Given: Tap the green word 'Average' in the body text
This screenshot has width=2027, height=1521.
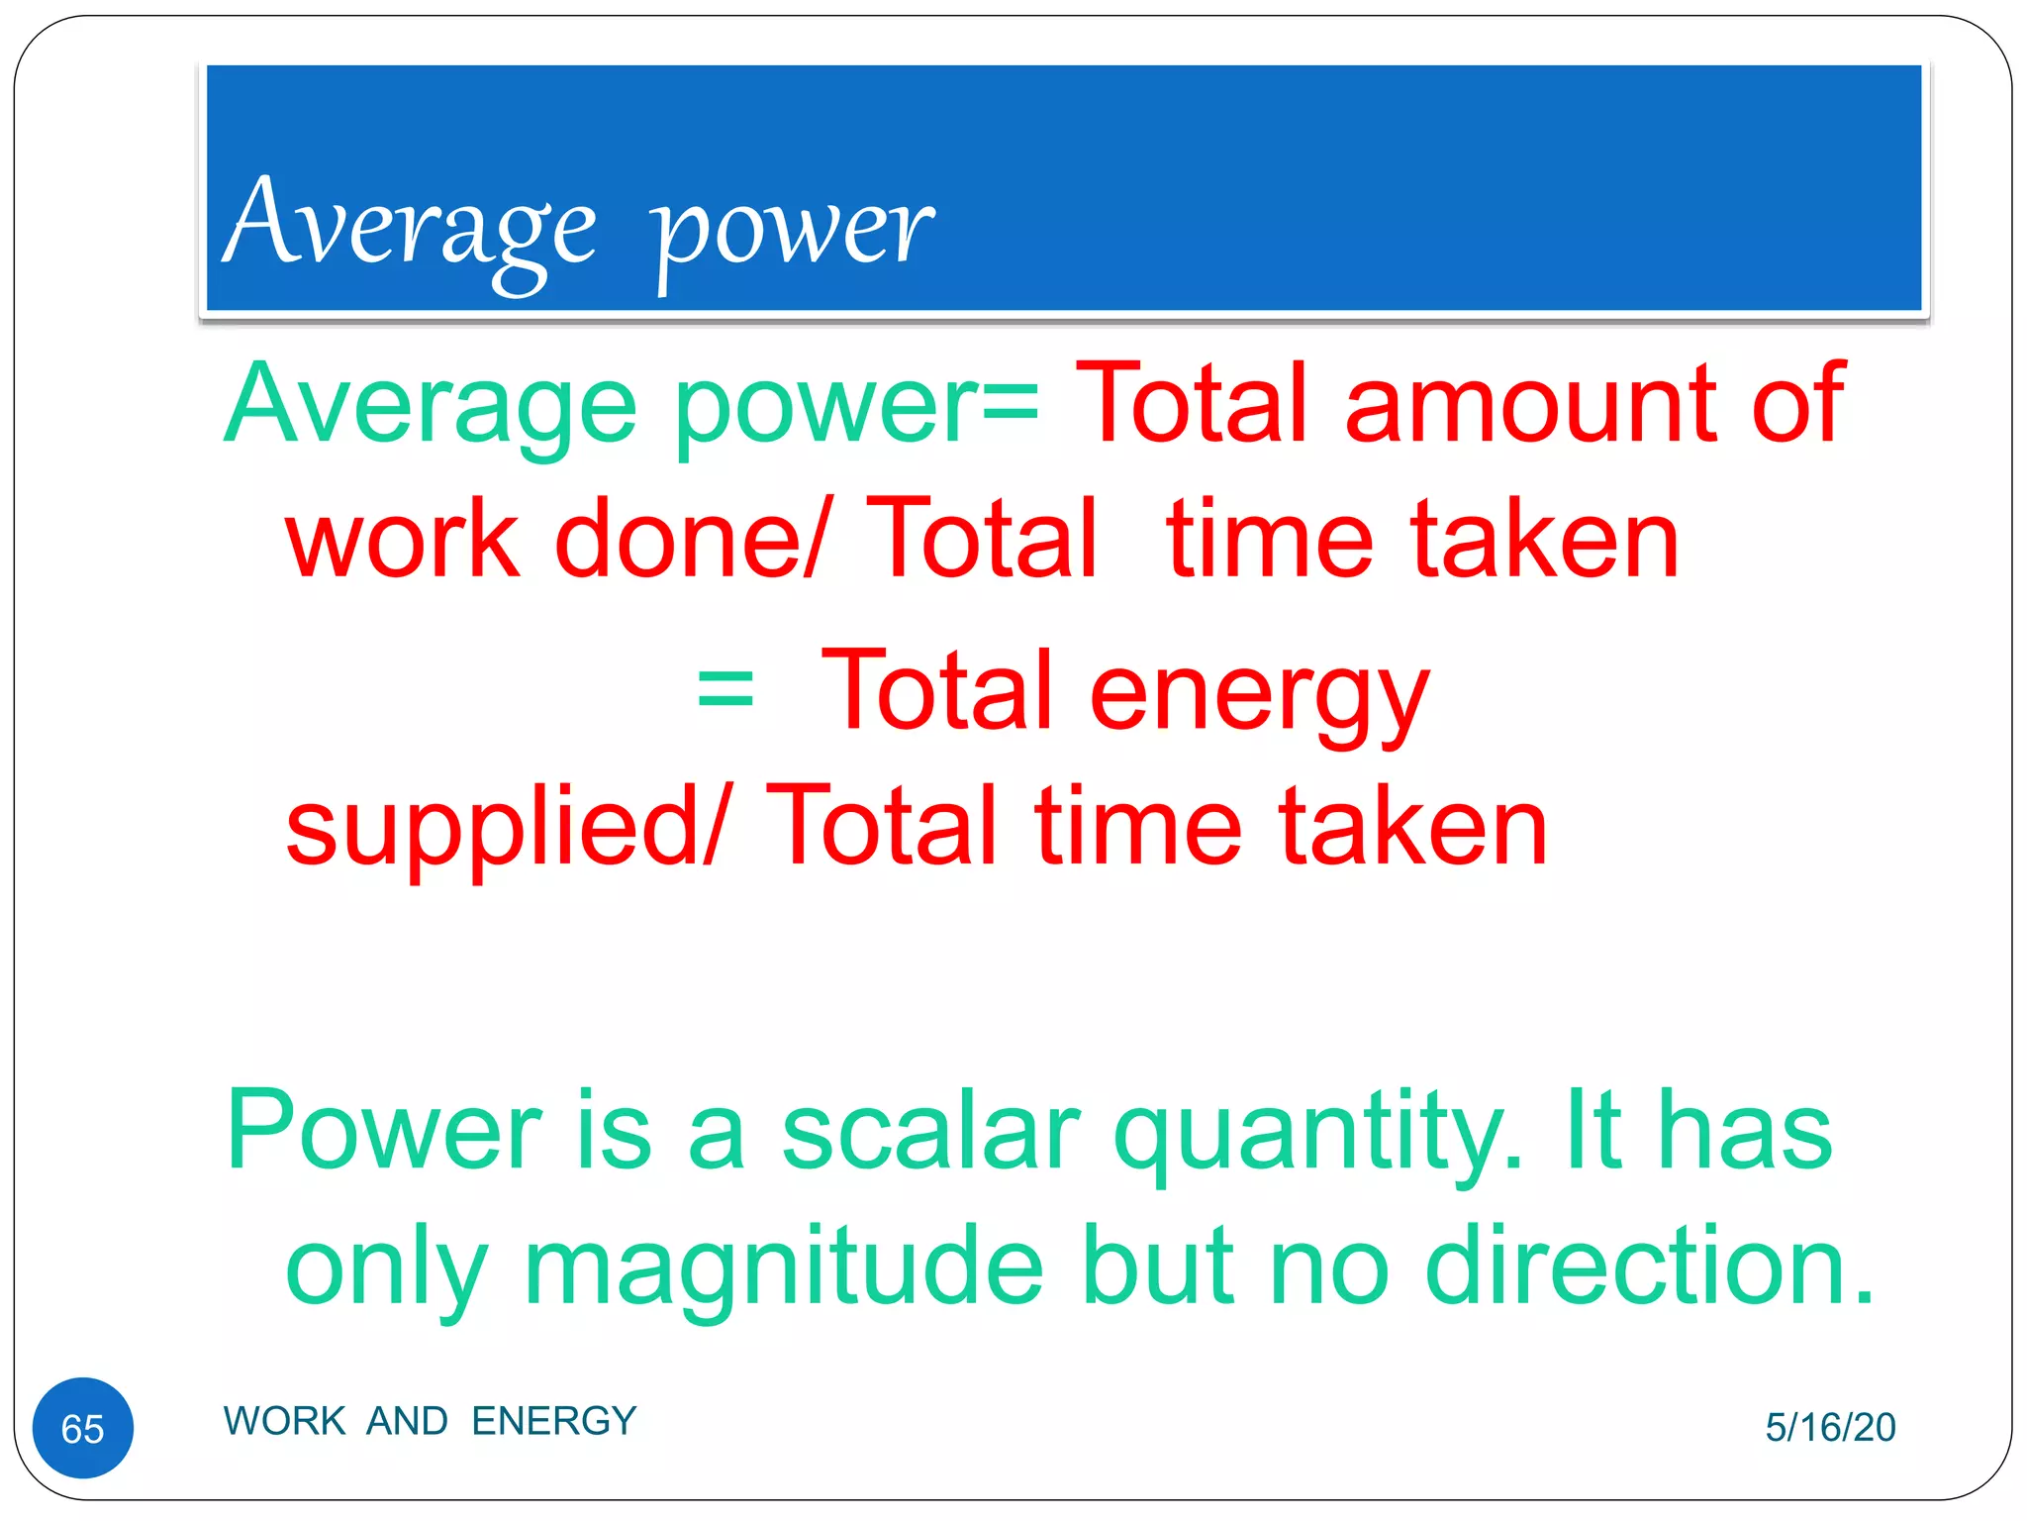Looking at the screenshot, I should coord(432,406).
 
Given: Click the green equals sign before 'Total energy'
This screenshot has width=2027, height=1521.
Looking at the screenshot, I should coord(724,689).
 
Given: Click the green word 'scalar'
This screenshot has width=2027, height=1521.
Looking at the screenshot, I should coord(930,1131).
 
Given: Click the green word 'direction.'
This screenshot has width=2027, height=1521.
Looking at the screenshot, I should coord(1649,1267).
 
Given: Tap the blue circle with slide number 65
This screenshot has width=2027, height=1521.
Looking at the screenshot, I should coord(83,1428).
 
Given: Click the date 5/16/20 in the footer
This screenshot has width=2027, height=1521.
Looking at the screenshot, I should coord(1830,1427).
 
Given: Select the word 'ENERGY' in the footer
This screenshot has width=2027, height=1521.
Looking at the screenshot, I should coord(553,1421).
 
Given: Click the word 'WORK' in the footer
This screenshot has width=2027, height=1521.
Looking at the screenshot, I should coord(284,1421).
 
